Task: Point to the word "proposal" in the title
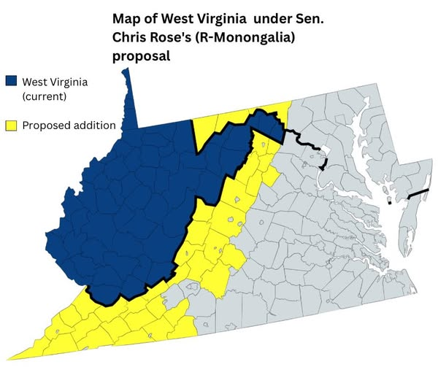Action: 142,56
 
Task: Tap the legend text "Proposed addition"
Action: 69,125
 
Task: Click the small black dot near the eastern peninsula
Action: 390,203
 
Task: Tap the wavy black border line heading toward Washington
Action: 303,139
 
